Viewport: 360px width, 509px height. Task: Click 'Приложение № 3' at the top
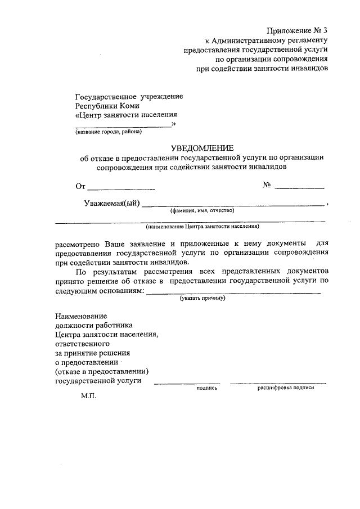(x=297, y=30)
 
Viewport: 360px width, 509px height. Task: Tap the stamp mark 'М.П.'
(x=88, y=396)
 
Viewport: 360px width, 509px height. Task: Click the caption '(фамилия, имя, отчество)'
(x=202, y=210)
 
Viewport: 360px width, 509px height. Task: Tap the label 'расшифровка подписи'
(x=285, y=388)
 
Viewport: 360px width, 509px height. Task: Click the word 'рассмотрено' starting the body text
(x=77, y=244)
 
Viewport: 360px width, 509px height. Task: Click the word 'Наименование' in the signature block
(x=80, y=316)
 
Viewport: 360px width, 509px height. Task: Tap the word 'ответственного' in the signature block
(x=82, y=343)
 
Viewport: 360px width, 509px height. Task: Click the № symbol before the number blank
(x=267, y=186)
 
